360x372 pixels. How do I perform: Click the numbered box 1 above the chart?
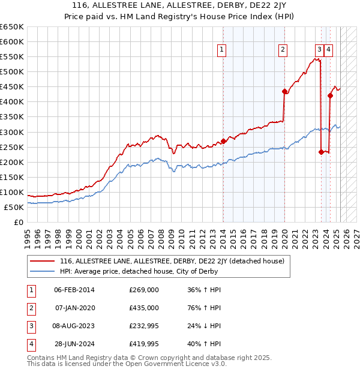click(x=222, y=50)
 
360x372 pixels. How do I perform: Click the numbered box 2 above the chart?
click(x=283, y=50)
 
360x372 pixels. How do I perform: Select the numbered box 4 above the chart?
click(x=329, y=50)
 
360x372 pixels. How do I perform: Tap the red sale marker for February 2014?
click(x=223, y=141)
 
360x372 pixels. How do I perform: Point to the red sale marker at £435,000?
click(x=284, y=91)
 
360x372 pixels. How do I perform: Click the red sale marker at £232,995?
click(x=321, y=152)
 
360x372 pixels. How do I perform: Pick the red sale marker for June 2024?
click(x=330, y=95)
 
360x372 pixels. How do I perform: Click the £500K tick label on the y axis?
click(x=11, y=72)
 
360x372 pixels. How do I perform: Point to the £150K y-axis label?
click(x=11, y=178)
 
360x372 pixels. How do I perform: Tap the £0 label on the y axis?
click(x=17, y=223)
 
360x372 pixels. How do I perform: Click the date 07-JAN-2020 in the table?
click(x=74, y=308)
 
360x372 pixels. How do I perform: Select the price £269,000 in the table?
click(x=144, y=290)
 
